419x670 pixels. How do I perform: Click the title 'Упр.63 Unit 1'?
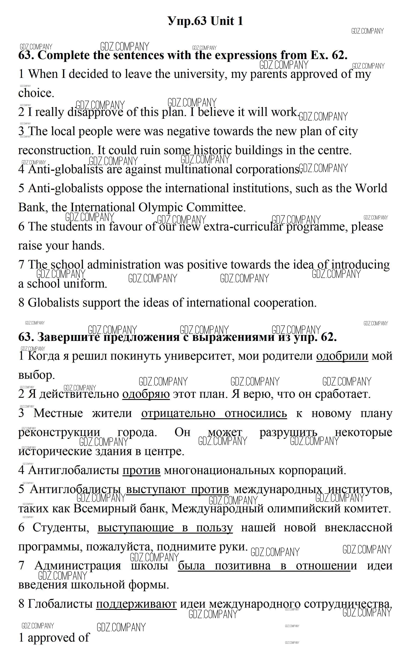point(205,21)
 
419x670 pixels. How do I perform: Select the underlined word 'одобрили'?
point(342,356)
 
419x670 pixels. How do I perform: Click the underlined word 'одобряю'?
point(146,394)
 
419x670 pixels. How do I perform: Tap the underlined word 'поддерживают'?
point(136,604)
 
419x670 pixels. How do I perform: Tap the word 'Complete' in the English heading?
point(63,55)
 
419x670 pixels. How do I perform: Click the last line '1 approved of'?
point(54,638)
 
